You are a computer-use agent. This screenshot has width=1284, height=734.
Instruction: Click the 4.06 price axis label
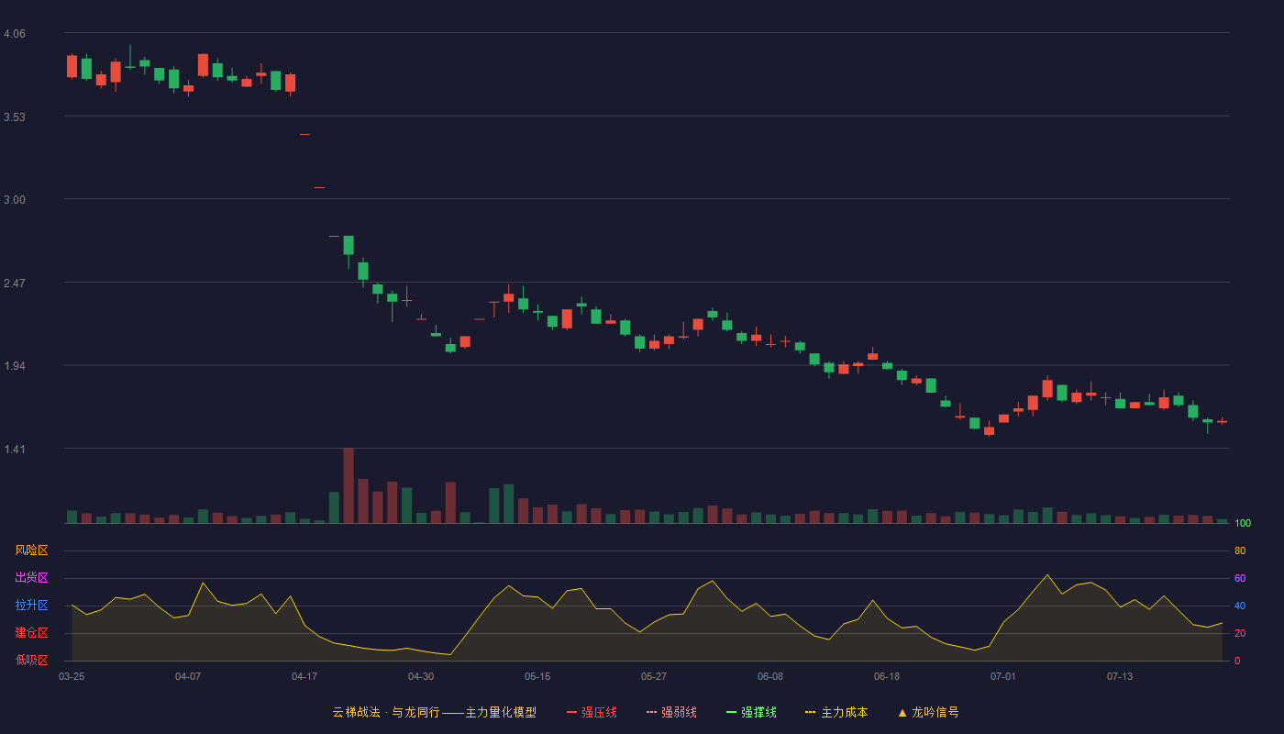tap(15, 34)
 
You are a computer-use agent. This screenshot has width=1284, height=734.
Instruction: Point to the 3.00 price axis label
tap(15, 200)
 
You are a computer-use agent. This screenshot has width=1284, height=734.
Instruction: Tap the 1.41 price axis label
tap(15, 449)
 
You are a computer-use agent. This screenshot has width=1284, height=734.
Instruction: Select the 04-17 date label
tap(304, 677)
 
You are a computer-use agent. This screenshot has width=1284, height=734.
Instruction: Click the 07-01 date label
tap(1003, 677)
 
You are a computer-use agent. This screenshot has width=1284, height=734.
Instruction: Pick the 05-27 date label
tap(653, 677)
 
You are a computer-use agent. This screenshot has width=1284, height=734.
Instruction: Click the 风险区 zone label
tap(31, 550)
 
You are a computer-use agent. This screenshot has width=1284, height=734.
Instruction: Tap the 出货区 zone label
tap(31, 577)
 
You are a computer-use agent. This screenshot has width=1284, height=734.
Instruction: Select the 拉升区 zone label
tap(31, 605)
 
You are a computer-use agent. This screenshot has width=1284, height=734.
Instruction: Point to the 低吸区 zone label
tap(31, 660)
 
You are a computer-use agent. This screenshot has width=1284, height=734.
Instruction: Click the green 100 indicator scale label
tap(1243, 523)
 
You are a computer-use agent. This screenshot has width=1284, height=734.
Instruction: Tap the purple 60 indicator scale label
tap(1240, 578)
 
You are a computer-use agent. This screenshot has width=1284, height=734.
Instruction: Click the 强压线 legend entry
tap(592, 712)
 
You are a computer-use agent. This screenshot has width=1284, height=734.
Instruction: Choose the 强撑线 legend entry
tap(751, 712)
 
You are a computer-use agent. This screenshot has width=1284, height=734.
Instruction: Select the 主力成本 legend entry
tap(836, 712)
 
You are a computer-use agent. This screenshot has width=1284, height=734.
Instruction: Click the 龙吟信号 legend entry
tap(928, 712)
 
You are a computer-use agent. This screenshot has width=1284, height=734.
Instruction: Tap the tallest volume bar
tap(349, 485)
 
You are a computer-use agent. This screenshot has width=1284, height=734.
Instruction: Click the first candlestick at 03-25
tap(72, 66)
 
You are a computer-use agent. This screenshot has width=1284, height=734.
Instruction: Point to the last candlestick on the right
tap(1222, 421)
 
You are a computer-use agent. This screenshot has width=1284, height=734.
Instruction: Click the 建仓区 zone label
tap(31, 632)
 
